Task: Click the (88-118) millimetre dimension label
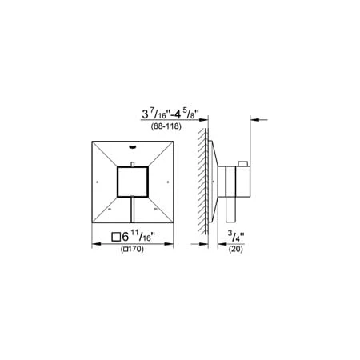(x=166, y=126)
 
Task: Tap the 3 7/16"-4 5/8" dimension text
(x=170, y=114)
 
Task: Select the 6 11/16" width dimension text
(x=138, y=236)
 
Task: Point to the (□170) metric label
(x=132, y=249)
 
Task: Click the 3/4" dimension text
(x=236, y=236)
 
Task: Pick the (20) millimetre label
(x=236, y=249)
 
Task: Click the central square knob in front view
(x=133, y=182)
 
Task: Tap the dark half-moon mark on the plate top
(x=133, y=146)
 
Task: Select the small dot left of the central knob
(x=97, y=182)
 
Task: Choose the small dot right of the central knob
(x=168, y=182)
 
